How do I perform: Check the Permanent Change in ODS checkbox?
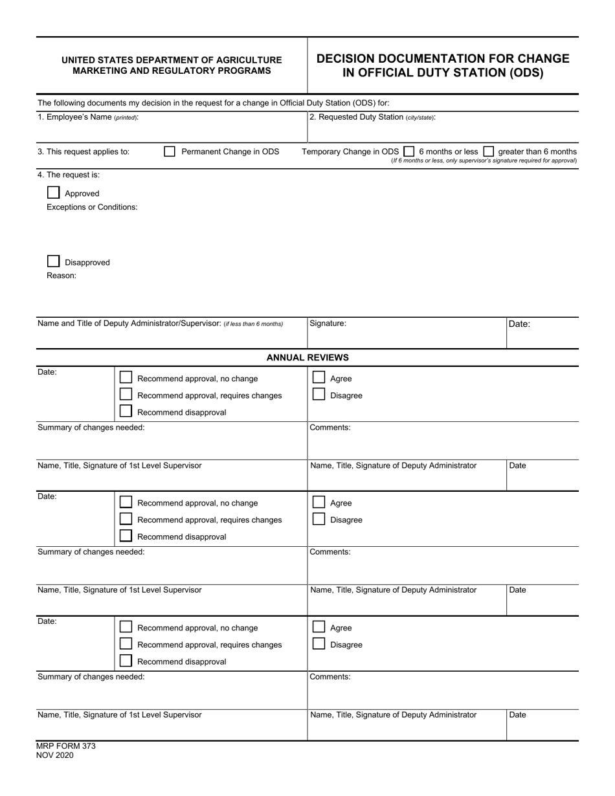[170, 151]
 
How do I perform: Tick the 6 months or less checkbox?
[408, 151]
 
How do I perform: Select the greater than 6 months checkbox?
[489, 151]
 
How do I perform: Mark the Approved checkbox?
[54, 193]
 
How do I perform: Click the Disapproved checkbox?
[54, 261]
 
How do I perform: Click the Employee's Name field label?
[88, 117]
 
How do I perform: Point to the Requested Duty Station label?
[372, 117]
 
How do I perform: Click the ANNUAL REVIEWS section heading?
[307, 357]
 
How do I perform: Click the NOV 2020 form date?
[55, 755]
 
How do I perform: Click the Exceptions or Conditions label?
[92, 207]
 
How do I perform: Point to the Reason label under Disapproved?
[61, 276]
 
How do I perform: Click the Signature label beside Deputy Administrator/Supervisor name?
[328, 323]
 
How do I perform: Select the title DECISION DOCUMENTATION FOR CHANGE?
[443, 59]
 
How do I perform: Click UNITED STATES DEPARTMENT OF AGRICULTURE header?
[172, 60]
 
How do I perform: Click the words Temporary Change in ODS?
[350, 151]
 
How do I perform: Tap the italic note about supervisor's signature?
[484, 160]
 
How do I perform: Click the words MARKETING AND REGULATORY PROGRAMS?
[172, 71]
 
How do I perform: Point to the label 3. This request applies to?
[84, 151]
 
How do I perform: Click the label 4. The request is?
[69, 175]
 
